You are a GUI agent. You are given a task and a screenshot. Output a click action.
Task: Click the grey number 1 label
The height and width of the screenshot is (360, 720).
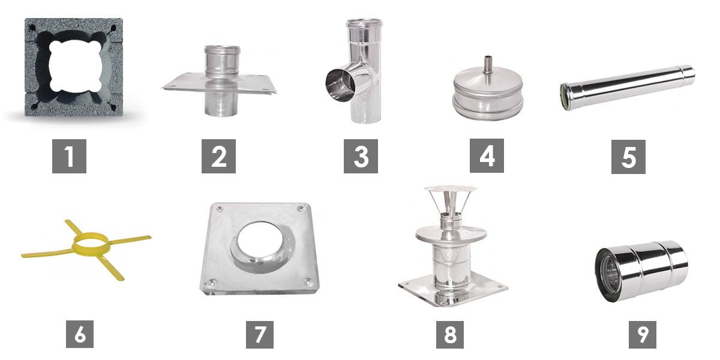coord(69,156)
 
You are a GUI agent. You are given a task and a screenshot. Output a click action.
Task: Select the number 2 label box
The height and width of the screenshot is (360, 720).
coord(218,156)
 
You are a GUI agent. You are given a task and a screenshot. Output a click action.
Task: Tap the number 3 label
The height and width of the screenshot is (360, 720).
coord(361,156)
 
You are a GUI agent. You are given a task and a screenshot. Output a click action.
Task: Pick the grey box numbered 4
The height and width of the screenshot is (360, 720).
coord(487,156)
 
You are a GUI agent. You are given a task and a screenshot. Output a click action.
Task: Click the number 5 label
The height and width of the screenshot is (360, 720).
coord(628,157)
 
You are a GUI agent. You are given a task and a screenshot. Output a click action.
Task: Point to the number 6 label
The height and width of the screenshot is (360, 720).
coord(80,334)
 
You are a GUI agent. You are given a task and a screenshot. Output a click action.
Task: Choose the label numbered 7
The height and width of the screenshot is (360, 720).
coord(260,335)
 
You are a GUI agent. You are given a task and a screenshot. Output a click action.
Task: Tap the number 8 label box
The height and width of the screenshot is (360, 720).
coord(449,335)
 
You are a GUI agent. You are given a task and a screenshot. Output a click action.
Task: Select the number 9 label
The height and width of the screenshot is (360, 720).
coord(642,335)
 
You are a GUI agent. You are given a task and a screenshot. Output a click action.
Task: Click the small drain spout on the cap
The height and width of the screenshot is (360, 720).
coord(487,66)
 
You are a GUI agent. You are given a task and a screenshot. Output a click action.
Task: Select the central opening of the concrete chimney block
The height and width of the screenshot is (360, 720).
coord(76,65)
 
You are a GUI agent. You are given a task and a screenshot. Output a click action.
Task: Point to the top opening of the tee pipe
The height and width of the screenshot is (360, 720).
coord(364,23)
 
